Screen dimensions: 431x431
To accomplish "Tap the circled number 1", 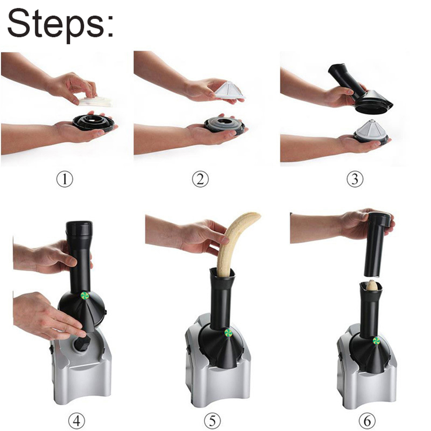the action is pos(65,179).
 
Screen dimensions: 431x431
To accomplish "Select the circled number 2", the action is pos(200,179).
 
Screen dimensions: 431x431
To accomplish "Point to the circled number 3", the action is pos(355,179).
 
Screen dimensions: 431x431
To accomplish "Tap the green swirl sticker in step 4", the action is pos(84,295).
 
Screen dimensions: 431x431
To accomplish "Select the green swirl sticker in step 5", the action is pos(228,333).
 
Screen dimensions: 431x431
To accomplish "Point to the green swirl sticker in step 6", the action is pos(376,341).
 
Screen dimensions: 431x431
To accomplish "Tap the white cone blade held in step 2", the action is pos(230,90).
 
